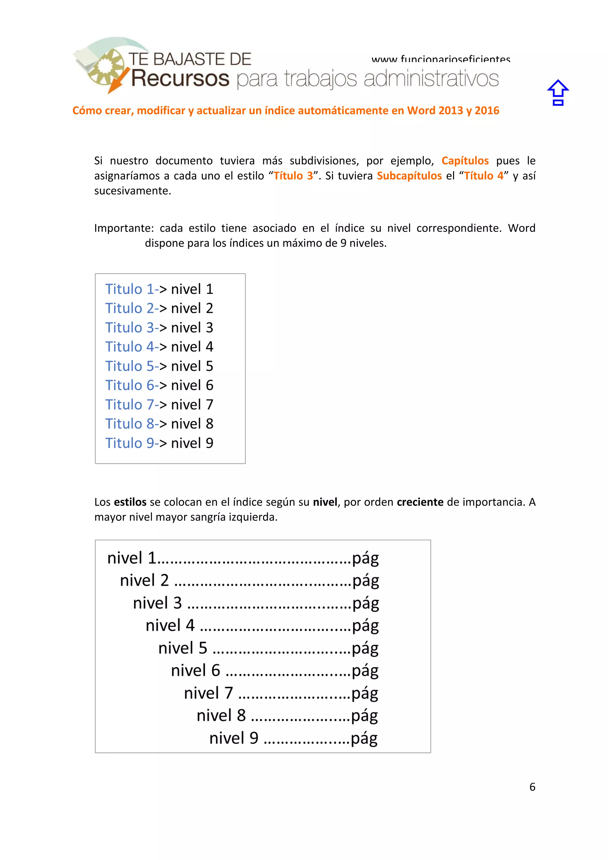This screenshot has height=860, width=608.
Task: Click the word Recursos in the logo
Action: pyautogui.click(x=180, y=78)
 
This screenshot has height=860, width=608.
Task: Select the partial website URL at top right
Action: pyautogui.click(x=441, y=59)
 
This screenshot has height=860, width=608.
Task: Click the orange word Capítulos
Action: pyautogui.click(x=465, y=161)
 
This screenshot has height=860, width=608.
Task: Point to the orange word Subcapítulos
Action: pyautogui.click(x=409, y=176)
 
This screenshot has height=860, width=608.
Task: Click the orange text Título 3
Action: pyautogui.click(x=293, y=176)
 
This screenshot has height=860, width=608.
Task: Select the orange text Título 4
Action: pyautogui.click(x=483, y=176)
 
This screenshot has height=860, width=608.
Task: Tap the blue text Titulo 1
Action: pyautogui.click(x=129, y=289)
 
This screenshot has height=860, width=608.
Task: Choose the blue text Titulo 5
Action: pyautogui.click(x=129, y=366)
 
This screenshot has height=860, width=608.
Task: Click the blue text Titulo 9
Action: pyautogui.click(x=129, y=443)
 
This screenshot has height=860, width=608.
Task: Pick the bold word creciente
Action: pyautogui.click(x=420, y=502)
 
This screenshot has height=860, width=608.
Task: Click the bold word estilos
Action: pyautogui.click(x=130, y=502)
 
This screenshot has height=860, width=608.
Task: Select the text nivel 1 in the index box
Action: pyautogui.click(x=131, y=558)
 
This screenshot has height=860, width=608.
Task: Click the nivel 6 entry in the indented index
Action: pyautogui.click(x=195, y=671)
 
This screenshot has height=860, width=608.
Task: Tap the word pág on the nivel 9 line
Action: pyautogui.click(x=364, y=739)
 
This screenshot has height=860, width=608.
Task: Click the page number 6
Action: pyautogui.click(x=532, y=787)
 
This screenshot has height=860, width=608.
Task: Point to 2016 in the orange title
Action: pyautogui.click(x=487, y=110)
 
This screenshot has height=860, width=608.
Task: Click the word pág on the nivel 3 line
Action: pyautogui.click(x=365, y=603)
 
